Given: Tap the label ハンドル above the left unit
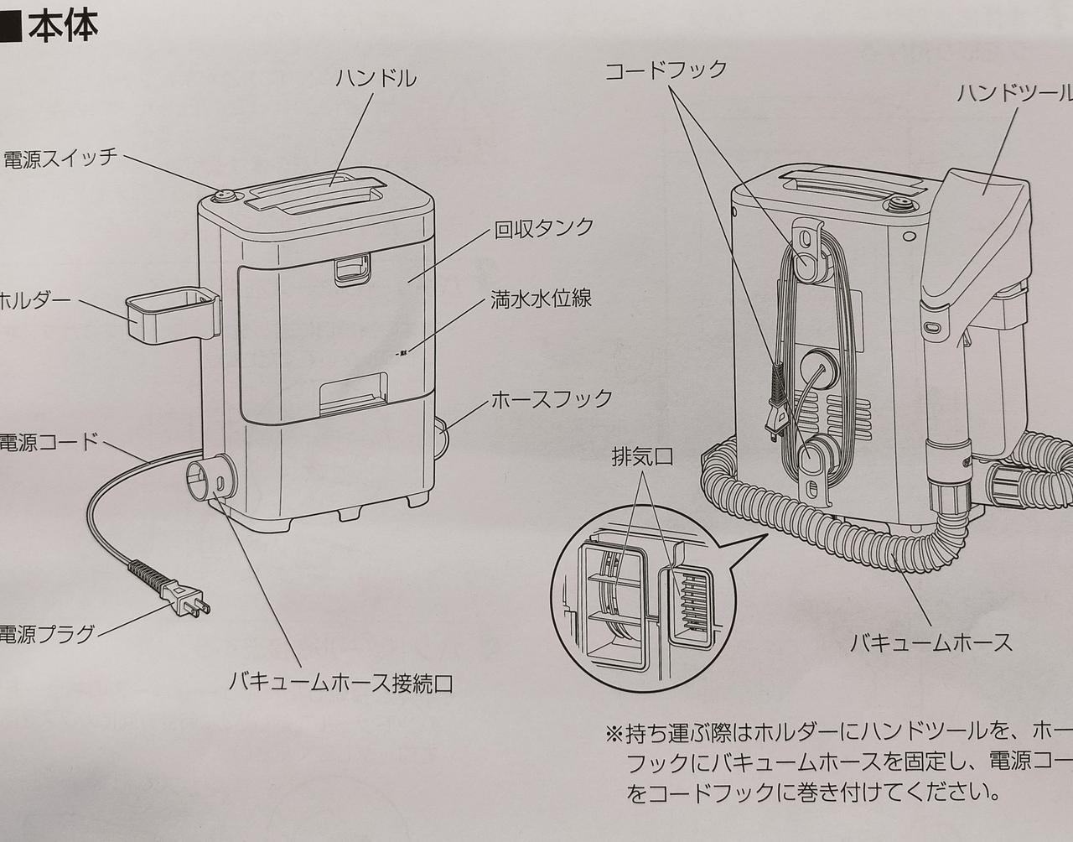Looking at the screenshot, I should click(376, 79).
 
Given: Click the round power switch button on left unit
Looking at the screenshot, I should click(225, 197).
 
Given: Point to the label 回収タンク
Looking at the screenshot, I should click(544, 228).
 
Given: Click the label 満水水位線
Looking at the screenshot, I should click(541, 299).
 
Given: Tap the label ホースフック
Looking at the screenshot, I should click(552, 398).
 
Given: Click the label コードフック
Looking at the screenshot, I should click(666, 70).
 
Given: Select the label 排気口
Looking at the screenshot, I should click(642, 457).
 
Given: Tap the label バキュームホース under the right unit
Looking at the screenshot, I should click(931, 643).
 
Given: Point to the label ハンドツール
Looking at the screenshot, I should click(1014, 92).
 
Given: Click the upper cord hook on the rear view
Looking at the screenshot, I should click(805, 252).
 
